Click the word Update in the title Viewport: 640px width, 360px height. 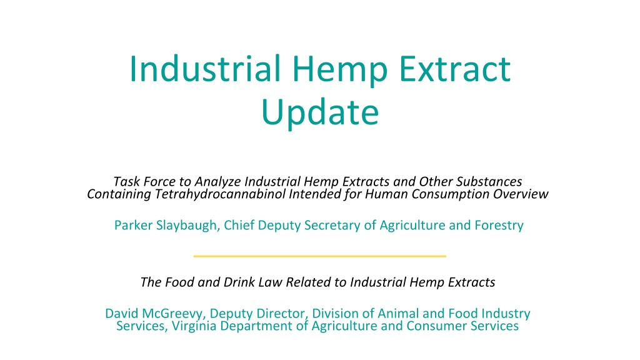tap(320, 112)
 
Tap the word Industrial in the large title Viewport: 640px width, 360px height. tap(205, 68)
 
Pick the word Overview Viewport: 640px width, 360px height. tap(521, 194)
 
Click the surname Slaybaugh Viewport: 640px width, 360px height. tap(188, 225)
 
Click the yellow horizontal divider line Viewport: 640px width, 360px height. tap(320, 256)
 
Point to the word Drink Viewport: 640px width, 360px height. tap(239, 282)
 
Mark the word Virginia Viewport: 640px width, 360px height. tap(194, 326)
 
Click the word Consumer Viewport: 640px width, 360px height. tap(437, 326)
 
